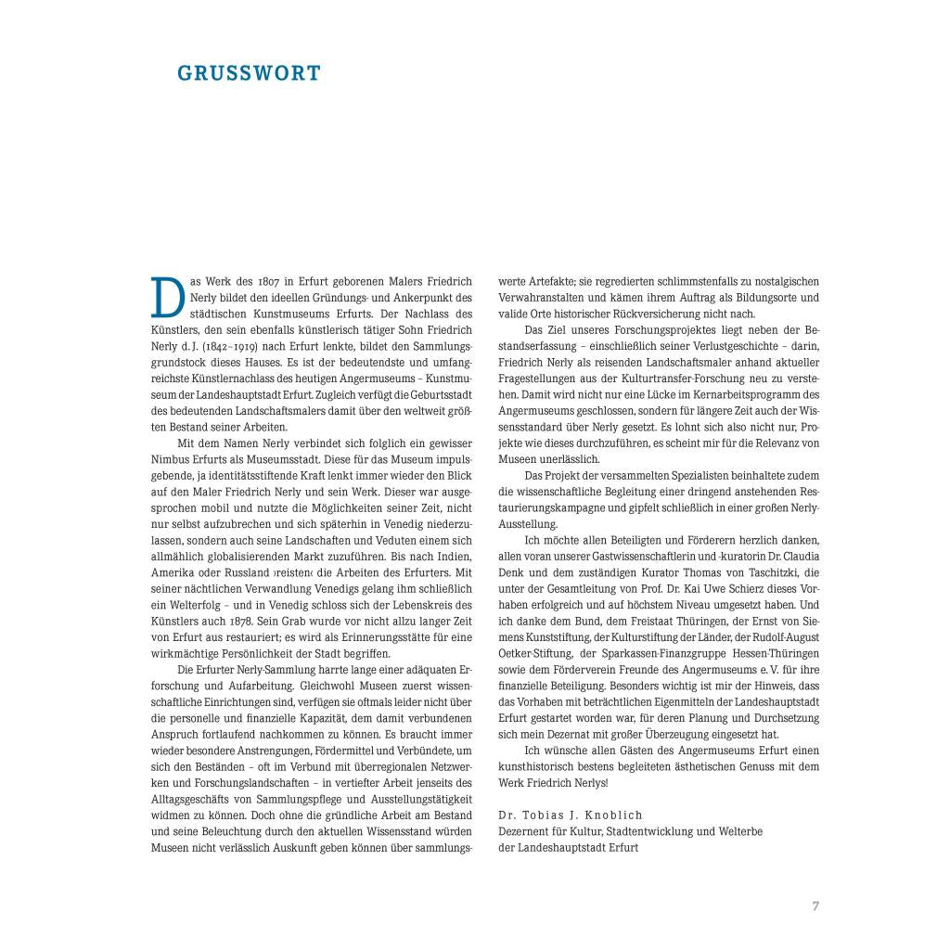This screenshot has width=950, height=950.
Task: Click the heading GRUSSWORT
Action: (248, 73)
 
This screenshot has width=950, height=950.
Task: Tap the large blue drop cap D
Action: (167, 296)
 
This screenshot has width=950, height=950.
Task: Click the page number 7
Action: (815, 906)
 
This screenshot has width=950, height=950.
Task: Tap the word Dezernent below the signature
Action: (529, 832)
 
